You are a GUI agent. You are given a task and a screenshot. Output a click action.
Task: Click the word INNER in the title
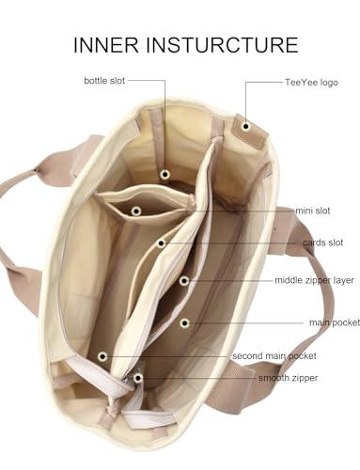click(106, 44)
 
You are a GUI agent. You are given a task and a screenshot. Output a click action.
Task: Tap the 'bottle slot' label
click(104, 81)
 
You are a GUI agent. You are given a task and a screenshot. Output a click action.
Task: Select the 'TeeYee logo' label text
click(311, 83)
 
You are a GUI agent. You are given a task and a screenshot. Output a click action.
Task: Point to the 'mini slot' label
click(313, 211)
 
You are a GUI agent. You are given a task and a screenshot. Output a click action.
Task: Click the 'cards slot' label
click(323, 243)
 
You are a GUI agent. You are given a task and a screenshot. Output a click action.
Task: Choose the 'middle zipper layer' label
click(314, 280)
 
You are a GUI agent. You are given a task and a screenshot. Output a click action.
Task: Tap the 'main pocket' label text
click(335, 322)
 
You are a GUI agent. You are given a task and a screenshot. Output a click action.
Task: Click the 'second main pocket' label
click(274, 356)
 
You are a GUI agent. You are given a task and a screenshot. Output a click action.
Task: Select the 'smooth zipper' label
click(288, 378)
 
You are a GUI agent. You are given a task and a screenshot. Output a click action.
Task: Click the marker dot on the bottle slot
click(164, 174)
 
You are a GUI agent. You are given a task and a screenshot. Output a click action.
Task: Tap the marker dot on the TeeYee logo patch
click(246, 127)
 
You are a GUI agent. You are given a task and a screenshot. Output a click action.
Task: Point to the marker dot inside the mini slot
click(135, 211)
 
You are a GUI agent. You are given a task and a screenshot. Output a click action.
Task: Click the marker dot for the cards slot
click(161, 243)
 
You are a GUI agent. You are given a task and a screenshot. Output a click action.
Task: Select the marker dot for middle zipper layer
click(184, 281)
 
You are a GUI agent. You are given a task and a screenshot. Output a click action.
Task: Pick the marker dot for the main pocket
click(185, 323)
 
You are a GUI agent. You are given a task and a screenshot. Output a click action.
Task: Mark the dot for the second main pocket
click(102, 356)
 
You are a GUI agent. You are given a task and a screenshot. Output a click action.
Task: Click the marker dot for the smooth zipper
click(137, 378)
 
